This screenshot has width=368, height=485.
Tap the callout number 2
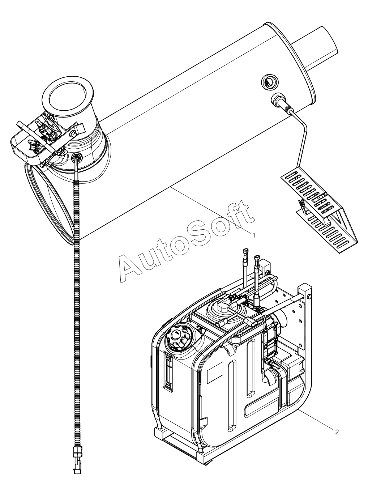point(337,431)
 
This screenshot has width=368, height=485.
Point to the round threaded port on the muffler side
point(269,82)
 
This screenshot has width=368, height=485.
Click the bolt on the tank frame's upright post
point(309,297)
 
